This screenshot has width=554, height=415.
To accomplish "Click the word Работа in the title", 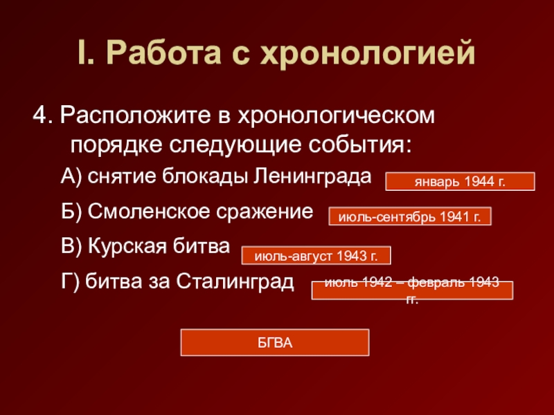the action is pos(163,53).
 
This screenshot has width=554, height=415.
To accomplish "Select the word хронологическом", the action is pos(336,116).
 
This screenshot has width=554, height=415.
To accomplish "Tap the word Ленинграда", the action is pos(312,177).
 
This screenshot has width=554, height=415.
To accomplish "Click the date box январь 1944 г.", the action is pos(460,181).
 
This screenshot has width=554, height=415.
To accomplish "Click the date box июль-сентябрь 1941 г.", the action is pos(410,216).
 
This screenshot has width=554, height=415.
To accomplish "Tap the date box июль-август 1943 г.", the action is pos(316,255).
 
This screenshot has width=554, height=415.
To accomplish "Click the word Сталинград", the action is pos(235,282).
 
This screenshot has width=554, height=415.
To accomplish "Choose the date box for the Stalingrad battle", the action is pos(412,290).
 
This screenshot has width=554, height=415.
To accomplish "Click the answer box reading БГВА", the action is pos(275,342).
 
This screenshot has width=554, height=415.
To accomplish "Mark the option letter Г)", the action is pos(70,282).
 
